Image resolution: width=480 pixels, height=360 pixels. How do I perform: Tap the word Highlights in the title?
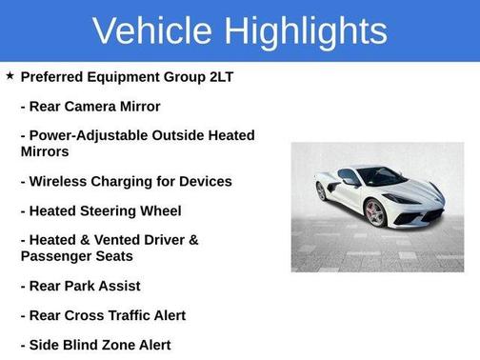pos(307,31)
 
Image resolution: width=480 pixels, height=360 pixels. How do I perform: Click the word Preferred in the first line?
pos(55,76)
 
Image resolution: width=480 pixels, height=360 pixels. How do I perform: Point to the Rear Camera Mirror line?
pos(90,106)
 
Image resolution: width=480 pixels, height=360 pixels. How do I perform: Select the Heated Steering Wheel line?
pos(100,210)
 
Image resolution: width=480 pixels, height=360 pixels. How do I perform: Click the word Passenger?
pos(59,255)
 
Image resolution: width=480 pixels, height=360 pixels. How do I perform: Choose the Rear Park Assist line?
pos(80,286)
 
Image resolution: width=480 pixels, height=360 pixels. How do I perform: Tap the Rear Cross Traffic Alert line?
pos(103,315)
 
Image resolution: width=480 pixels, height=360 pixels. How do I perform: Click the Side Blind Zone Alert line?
pos(95,345)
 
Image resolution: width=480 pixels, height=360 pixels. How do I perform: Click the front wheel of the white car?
pos(376,212)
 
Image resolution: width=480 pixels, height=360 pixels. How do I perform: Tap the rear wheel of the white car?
pos(321,191)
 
